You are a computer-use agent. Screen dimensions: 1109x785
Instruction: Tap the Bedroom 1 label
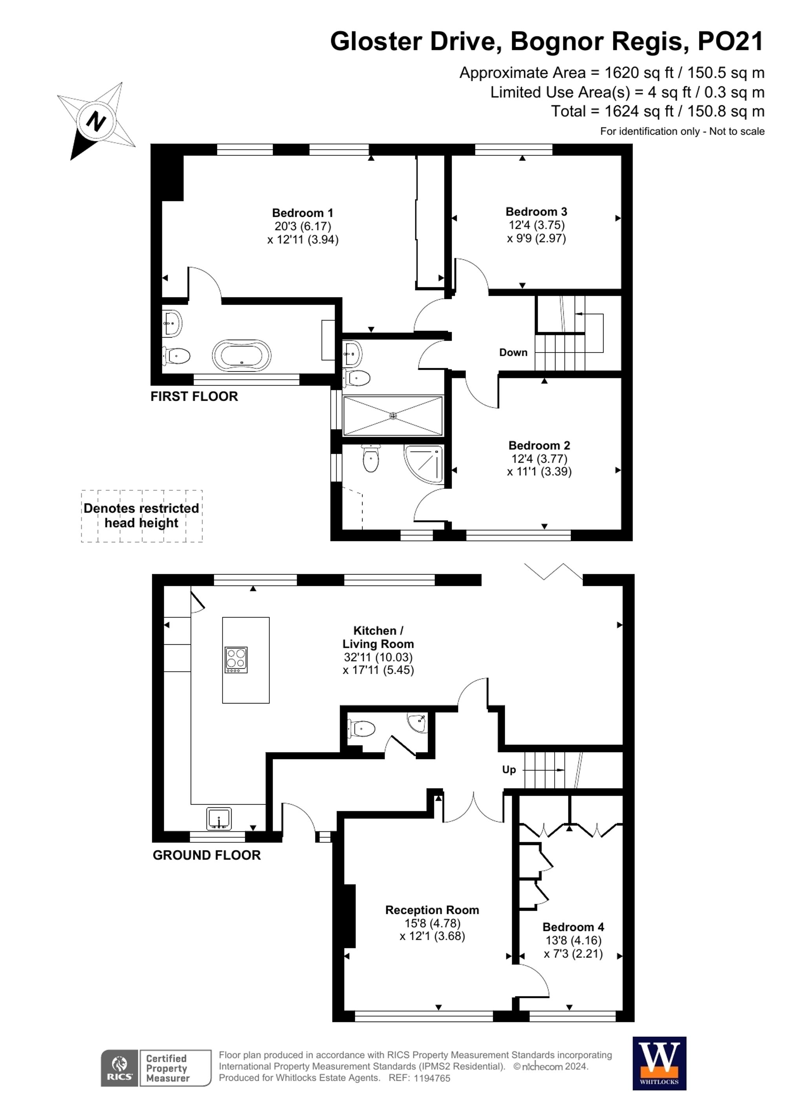click(x=303, y=213)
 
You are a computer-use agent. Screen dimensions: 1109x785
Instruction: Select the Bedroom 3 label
click(x=536, y=211)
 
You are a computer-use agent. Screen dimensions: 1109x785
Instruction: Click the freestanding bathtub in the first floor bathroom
click(x=241, y=356)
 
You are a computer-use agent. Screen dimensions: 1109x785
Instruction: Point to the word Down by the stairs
click(x=513, y=353)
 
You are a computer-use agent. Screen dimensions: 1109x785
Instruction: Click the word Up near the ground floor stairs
click(x=509, y=769)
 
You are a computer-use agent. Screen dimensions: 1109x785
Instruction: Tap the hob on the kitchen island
click(x=236, y=660)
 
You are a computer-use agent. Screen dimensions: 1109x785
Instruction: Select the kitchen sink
click(x=219, y=819)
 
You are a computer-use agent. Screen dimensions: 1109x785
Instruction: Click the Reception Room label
click(x=432, y=910)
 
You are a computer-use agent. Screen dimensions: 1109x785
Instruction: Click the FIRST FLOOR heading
click(x=194, y=396)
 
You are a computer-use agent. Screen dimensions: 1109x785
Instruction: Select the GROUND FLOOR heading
click(x=206, y=855)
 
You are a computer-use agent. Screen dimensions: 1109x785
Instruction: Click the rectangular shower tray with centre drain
click(x=392, y=415)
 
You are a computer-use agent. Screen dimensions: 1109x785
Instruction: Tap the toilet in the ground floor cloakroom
click(x=361, y=728)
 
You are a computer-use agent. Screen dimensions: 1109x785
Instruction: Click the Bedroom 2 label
click(x=539, y=445)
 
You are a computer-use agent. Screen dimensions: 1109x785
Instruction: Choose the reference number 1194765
click(x=432, y=1078)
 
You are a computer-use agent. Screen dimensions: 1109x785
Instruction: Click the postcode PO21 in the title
click(x=730, y=42)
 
